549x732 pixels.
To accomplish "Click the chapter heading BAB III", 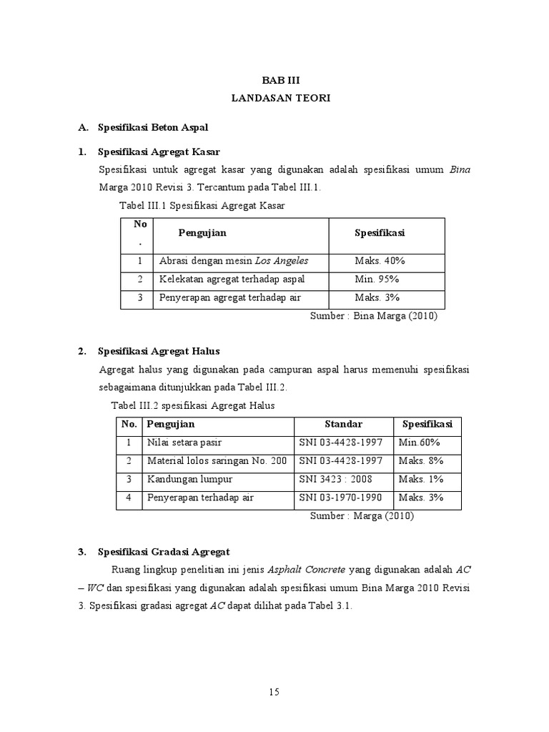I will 280,81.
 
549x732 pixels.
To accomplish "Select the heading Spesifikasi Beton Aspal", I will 152,127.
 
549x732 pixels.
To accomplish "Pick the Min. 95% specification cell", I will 377,279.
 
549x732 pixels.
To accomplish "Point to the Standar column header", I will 343,425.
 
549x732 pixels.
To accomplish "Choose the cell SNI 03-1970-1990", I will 341,498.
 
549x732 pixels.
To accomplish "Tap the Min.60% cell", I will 420,442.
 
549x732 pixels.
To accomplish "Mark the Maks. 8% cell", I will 421,461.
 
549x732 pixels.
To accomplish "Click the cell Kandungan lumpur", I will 189,479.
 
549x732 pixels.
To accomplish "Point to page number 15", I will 274,691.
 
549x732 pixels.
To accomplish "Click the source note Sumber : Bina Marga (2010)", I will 373,315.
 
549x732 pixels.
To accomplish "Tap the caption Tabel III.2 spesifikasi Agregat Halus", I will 192,405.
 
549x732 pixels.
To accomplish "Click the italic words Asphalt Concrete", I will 306,570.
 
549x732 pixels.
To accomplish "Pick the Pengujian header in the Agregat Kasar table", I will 202,232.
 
